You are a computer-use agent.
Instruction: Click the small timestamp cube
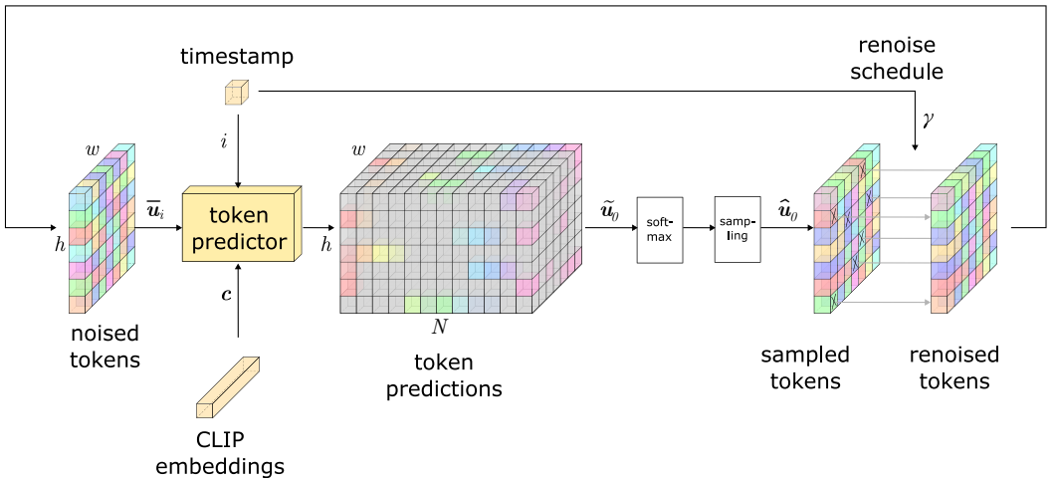click(237, 93)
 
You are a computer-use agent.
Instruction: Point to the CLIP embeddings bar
click(228, 387)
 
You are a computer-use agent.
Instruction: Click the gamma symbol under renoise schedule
click(929, 120)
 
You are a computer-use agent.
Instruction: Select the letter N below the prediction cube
click(439, 328)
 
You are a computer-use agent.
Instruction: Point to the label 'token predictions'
click(444, 375)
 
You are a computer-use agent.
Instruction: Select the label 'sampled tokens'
click(805, 367)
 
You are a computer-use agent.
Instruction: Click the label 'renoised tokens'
click(954, 367)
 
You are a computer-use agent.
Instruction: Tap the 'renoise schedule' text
click(897, 58)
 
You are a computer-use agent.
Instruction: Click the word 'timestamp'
click(237, 58)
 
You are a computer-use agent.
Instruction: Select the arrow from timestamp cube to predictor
click(237, 146)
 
